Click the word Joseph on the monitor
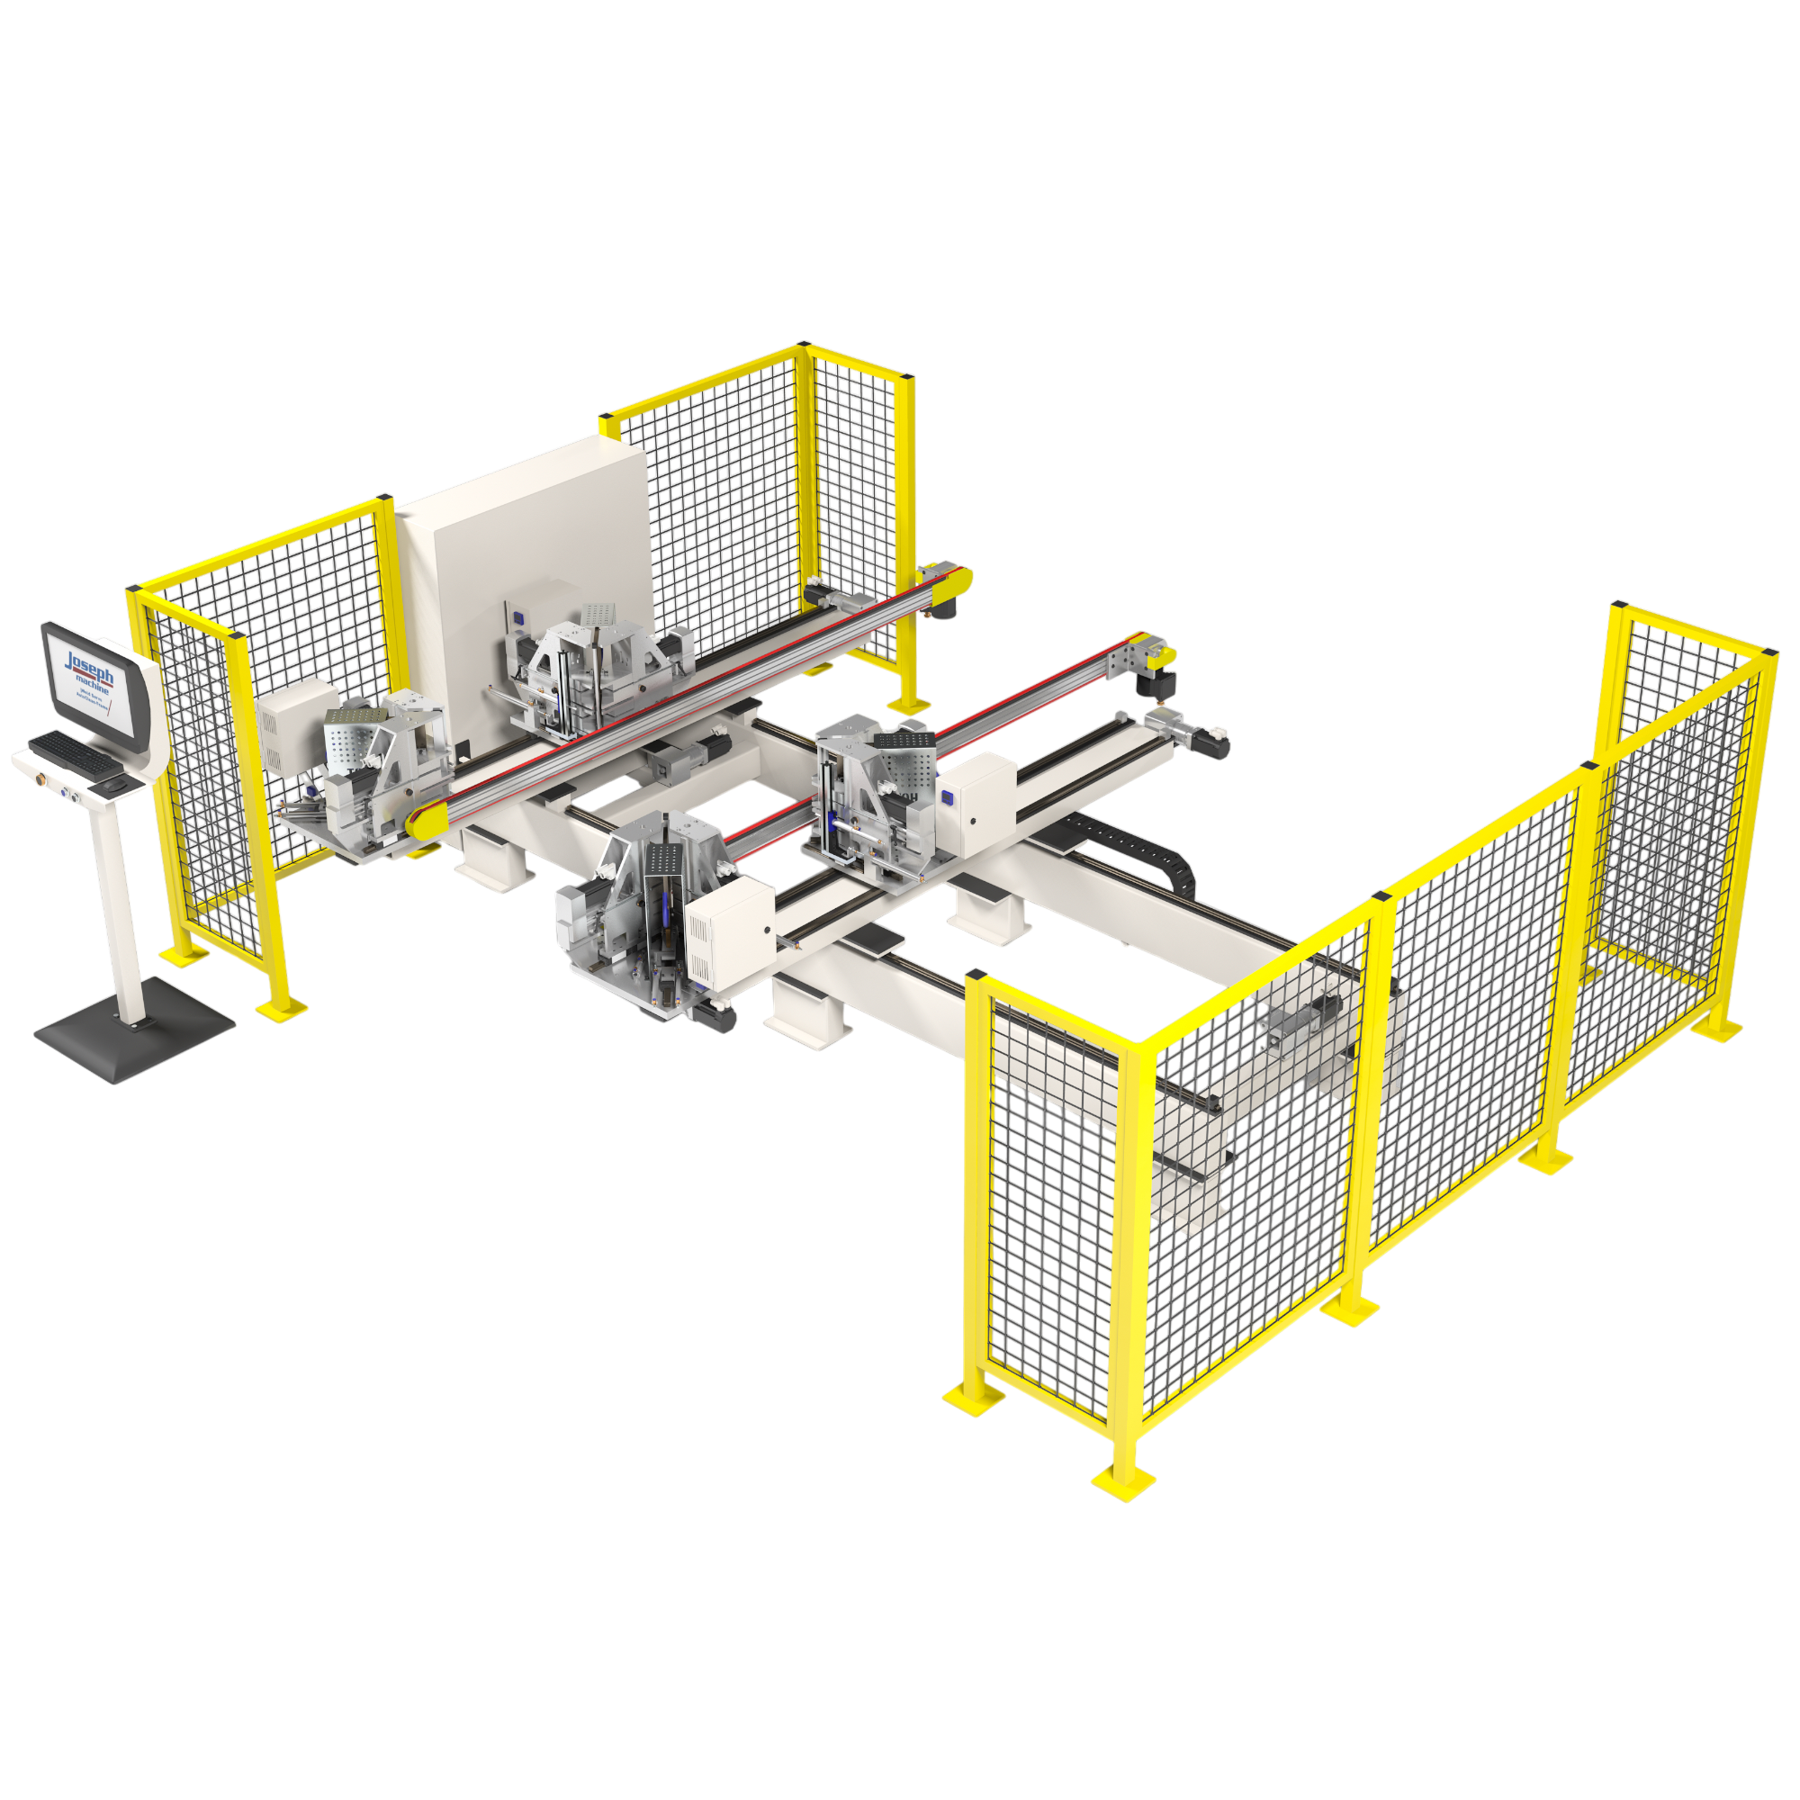pos(89,664)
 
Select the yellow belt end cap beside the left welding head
pos(424,825)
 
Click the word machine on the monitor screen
pos(94,687)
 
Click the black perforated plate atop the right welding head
pos(902,739)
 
